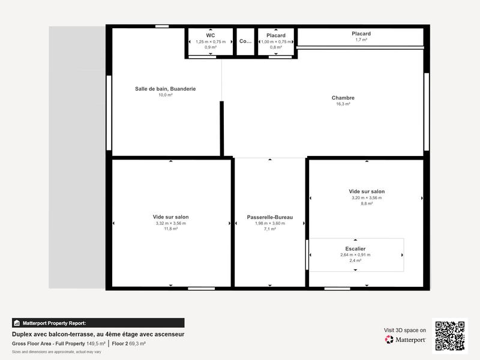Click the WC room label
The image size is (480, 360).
[x=211, y=35]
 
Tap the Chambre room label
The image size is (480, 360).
[x=343, y=98]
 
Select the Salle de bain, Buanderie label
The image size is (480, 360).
[x=165, y=89]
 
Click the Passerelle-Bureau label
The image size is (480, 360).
[x=269, y=217]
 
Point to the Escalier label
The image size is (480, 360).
[x=355, y=248]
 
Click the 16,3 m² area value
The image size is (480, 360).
[x=343, y=104]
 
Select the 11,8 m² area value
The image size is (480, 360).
[x=170, y=229]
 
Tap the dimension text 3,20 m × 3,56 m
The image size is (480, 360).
[x=366, y=197]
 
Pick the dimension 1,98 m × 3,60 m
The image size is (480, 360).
[x=269, y=223]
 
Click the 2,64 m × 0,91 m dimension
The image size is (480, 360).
[x=355, y=254]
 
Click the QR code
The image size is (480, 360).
[x=450, y=335]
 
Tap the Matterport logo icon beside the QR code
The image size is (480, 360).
[x=389, y=340]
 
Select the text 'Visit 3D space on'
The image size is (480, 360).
[x=404, y=330]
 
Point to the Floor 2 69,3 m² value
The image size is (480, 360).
[x=129, y=344]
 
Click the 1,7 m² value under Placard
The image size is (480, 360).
[x=361, y=40]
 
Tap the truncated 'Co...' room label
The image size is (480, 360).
[x=245, y=41]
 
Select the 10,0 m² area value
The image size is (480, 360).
[x=165, y=95]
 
